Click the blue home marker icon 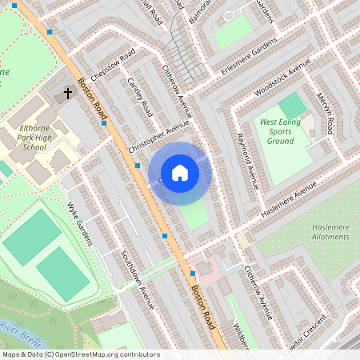(180, 172)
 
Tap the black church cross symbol (68, 94)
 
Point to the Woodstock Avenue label (280, 78)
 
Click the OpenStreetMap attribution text (80, 354)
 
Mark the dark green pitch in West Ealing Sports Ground (293, 105)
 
